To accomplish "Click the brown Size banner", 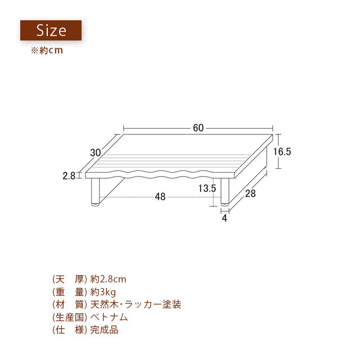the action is click(x=51, y=30).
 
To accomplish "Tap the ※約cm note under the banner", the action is click(x=47, y=50).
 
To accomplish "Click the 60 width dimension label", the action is click(x=198, y=128).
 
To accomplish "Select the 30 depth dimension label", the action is click(x=95, y=152).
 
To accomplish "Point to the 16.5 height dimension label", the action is click(x=282, y=151).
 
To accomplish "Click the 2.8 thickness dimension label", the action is click(x=69, y=176).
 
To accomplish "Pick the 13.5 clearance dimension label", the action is click(x=207, y=188).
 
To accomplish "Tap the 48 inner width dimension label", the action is click(x=160, y=197).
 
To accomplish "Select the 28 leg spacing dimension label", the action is click(x=250, y=193).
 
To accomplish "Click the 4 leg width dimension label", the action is click(x=224, y=218).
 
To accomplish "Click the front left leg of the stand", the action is click(x=95, y=192).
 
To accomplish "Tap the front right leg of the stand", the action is click(x=225, y=191).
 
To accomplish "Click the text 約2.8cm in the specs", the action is click(x=108, y=279).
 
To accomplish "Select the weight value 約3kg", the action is click(x=103, y=292).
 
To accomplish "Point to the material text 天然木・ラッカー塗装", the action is click(x=136, y=304).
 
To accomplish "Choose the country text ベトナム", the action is click(x=109, y=317).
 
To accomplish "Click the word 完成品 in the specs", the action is click(x=104, y=330).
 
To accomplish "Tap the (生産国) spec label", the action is click(x=70, y=317).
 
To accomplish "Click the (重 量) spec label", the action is click(x=70, y=292).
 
